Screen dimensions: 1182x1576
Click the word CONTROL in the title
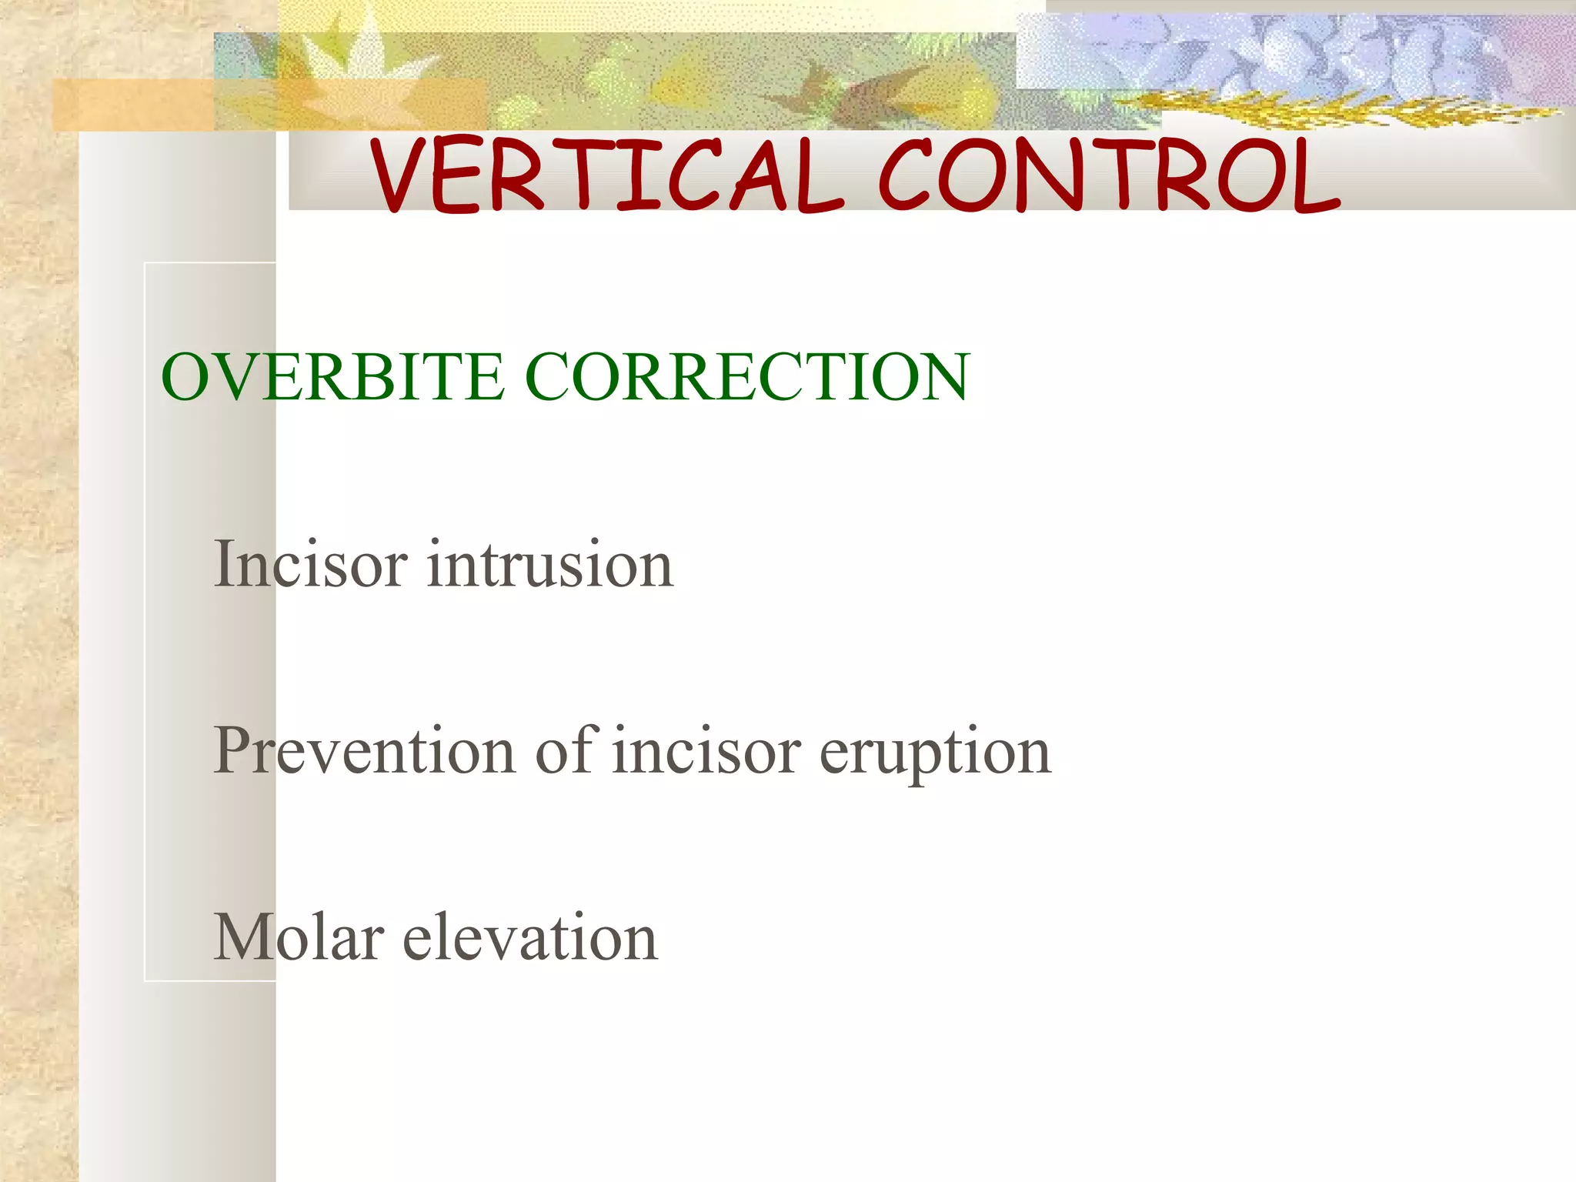(1108, 175)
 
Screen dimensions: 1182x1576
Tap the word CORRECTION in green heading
(746, 377)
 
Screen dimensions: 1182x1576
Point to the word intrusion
(550, 565)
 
